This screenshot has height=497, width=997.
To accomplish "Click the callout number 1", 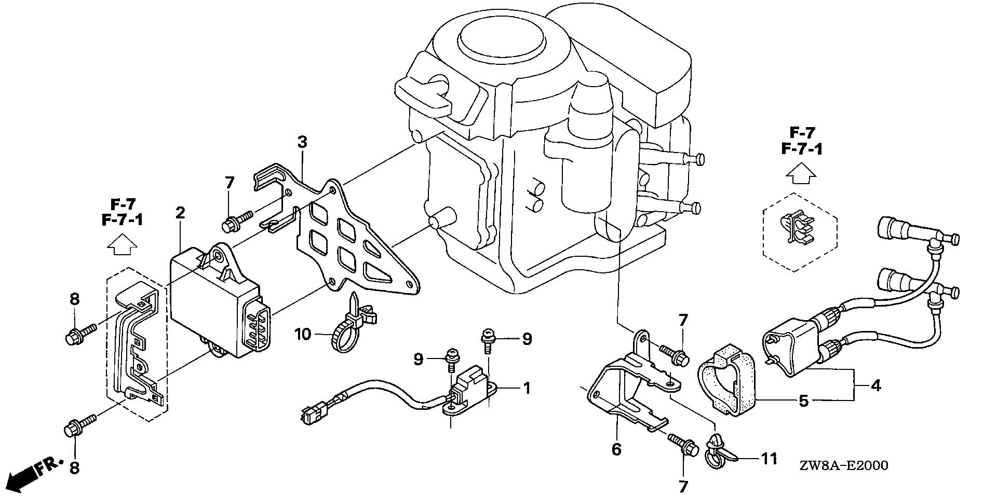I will [527, 388].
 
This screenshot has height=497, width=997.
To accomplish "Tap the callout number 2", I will [180, 212].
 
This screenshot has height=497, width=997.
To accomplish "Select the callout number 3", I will [302, 141].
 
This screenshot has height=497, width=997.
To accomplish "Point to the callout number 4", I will [875, 385].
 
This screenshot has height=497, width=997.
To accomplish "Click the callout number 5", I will [803, 401].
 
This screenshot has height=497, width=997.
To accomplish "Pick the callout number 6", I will [616, 449].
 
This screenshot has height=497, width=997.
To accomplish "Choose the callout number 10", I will [303, 334].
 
